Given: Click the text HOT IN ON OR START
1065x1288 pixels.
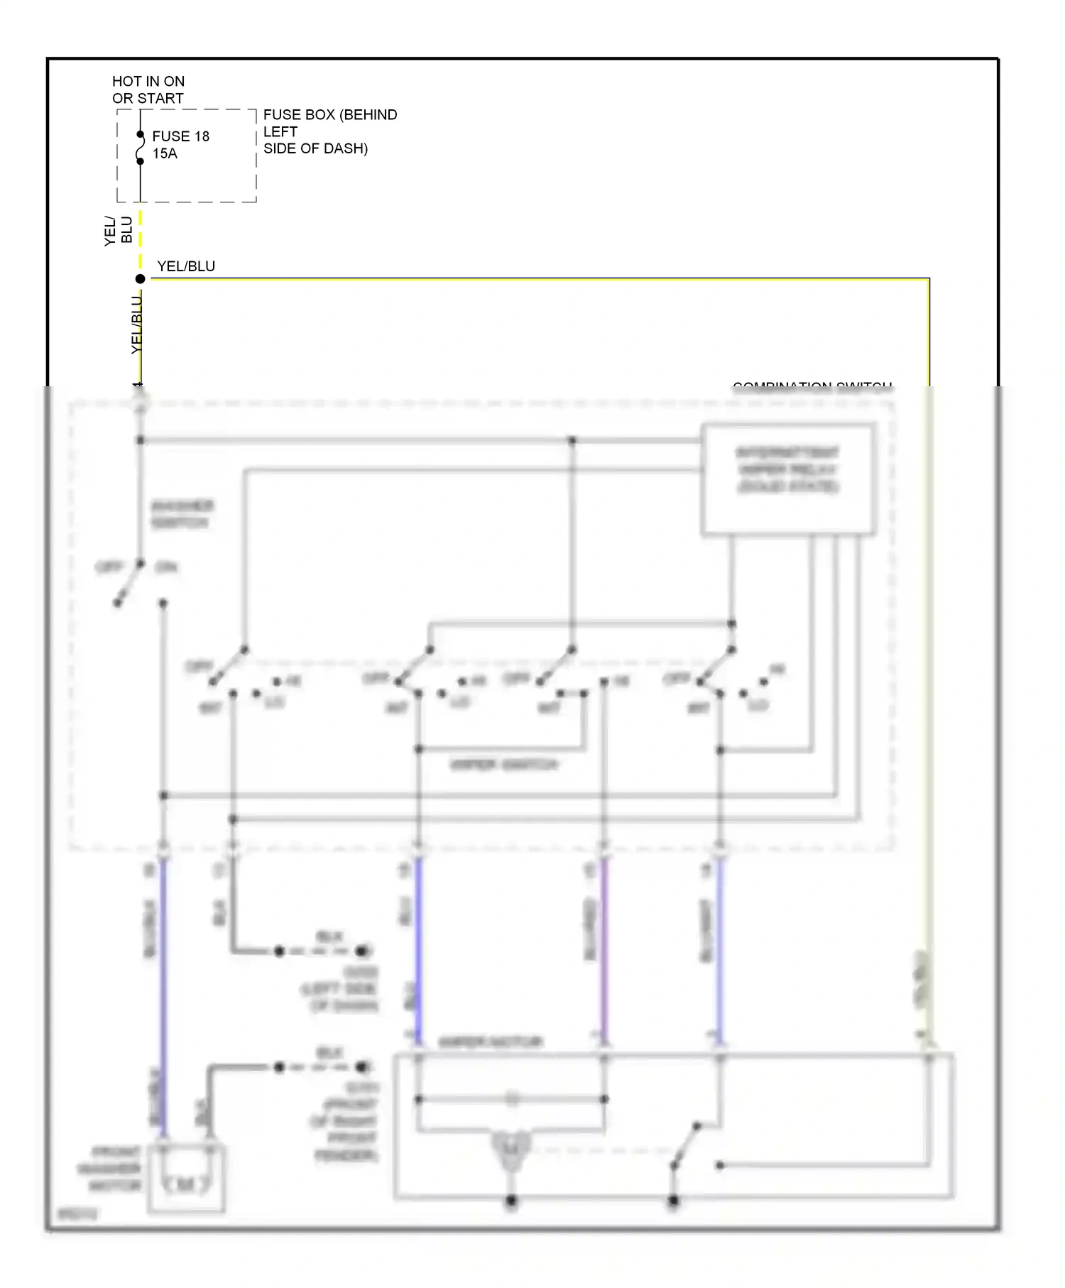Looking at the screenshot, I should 148,90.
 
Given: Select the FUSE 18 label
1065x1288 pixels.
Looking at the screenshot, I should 180,136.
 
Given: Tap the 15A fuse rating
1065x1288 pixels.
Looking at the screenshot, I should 165,153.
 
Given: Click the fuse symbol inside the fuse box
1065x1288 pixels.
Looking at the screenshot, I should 140,148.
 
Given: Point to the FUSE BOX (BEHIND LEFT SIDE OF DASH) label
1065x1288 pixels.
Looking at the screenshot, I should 329,131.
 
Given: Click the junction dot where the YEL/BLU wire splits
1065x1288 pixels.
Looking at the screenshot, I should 140,279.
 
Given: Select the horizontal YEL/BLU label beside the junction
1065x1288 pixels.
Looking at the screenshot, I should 186,266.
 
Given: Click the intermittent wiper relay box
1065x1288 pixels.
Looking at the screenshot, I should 787,479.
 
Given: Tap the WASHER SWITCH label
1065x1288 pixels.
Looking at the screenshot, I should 181,514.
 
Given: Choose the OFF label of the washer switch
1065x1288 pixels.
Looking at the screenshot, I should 109,567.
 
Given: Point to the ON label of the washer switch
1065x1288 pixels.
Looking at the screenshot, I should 166,567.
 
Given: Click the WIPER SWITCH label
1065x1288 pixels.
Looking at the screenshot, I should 504,765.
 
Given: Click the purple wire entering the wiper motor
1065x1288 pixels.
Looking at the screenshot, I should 603,951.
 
